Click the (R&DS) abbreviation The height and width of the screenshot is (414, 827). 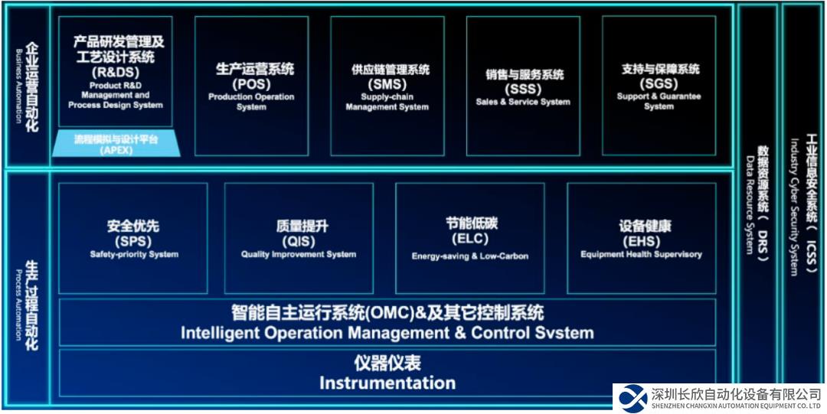[x=115, y=71]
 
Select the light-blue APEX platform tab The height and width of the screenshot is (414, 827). [x=116, y=144]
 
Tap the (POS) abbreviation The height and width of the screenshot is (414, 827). [x=251, y=83]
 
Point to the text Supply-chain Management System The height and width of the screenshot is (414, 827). [x=387, y=102]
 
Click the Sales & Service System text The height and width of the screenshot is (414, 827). [x=523, y=102]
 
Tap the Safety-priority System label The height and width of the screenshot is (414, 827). [x=134, y=254]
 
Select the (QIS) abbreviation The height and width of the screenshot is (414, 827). [x=299, y=241]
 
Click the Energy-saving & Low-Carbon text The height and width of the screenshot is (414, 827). [x=470, y=256]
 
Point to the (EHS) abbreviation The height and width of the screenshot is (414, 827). [x=641, y=241]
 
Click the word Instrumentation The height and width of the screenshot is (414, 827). [x=387, y=383]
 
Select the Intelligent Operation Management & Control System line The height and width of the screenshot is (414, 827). [x=387, y=334]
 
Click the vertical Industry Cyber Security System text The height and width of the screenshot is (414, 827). [x=794, y=207]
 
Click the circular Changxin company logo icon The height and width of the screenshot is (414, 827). [x=633, y=398]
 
